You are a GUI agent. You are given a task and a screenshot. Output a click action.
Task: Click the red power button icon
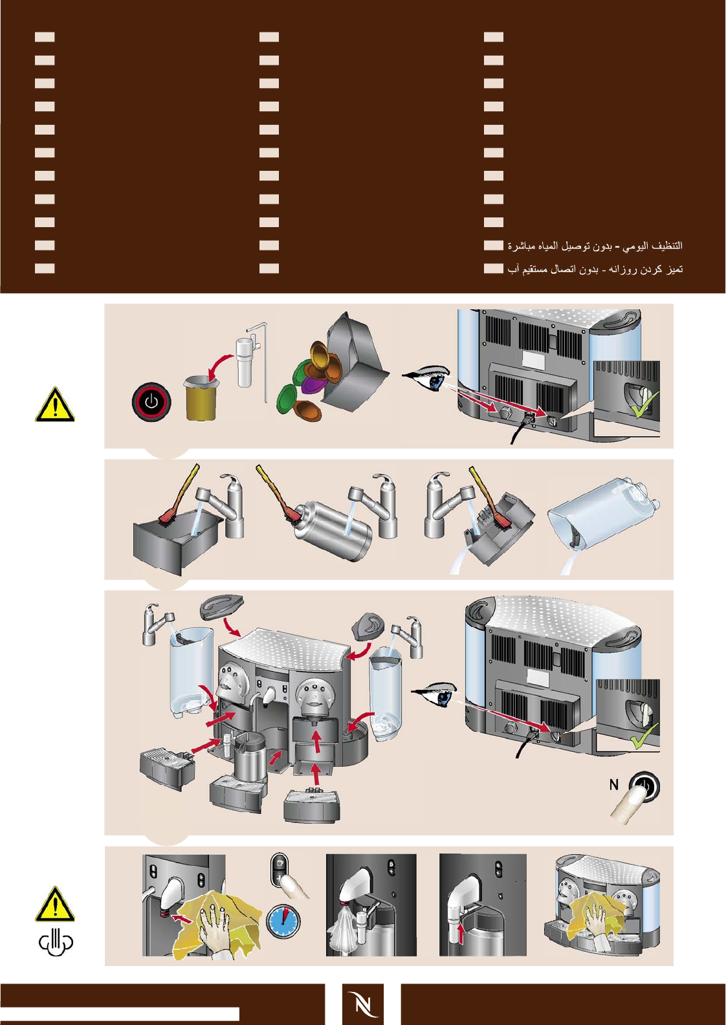tap(151, 401)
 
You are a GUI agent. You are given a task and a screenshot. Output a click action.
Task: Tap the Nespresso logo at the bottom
tap(363, 1004)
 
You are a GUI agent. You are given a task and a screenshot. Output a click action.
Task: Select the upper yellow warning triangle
tap(55, 406)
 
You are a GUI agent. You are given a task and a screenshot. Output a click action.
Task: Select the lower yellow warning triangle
tap(55, 905)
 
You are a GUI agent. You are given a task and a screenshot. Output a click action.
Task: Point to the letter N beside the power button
tap(614, 785)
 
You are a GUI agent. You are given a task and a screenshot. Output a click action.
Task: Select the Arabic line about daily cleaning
tap(595, 246)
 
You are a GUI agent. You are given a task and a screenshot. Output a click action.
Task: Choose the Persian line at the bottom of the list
tap(595, 269)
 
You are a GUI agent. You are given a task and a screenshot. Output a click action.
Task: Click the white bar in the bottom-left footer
tap(120, 1013)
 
